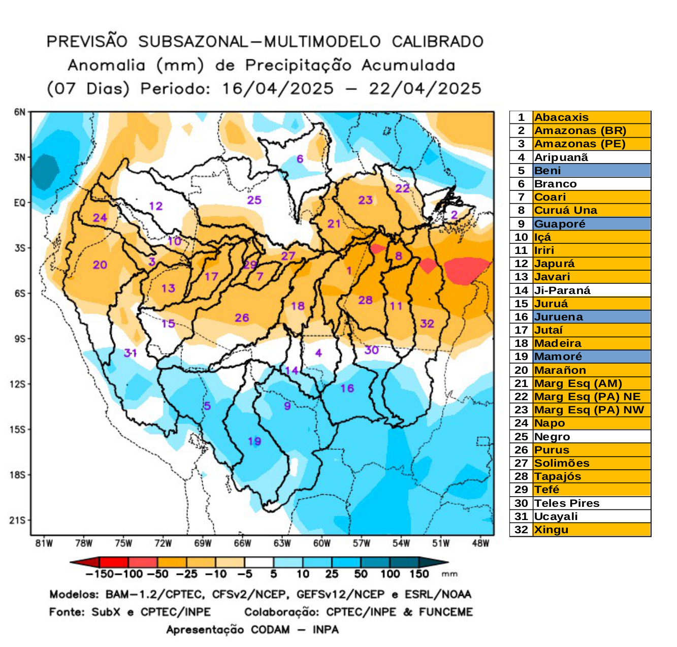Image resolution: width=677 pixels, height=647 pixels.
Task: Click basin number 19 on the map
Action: (254, 441)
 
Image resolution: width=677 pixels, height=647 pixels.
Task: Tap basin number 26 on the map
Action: (242, 318)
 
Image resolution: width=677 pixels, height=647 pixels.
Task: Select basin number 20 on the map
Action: (100, 265)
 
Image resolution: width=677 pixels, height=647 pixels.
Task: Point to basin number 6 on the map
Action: (300, 159)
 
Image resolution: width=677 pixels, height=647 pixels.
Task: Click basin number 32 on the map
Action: (427, 324)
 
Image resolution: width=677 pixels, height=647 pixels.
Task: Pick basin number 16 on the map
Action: (347, 389)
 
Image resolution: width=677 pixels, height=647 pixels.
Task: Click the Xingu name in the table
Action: (551, 530)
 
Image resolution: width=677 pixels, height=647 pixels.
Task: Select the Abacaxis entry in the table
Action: (561, 117)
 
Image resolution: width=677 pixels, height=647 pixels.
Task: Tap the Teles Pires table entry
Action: (567, 503)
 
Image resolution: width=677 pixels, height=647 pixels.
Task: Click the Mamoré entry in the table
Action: (558, 357)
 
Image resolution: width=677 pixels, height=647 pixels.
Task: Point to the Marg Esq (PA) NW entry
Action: (589, 410)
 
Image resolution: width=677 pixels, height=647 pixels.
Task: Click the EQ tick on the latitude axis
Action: (19, 203)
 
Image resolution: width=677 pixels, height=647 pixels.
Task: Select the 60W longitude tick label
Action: (321, 543)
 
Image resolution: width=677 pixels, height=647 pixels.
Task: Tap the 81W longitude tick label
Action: (44, 543)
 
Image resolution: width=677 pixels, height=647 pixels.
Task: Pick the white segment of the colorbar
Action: (259, 563)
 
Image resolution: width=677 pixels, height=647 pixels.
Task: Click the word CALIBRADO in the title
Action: (437, 42)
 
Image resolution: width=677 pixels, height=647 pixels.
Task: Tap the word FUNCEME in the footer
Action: (445, 612)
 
